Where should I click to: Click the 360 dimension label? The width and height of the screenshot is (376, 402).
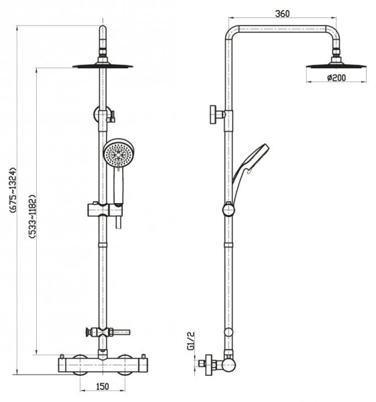pyautogui.click(x=281, y=14)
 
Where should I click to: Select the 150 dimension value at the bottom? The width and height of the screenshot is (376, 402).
pyautogui.click(x=101, y=387)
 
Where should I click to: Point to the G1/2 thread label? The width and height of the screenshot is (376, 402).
pyautogui.click(x=190, y=342)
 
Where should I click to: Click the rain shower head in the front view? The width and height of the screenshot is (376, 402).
pyautogui.click(x=102, y=66)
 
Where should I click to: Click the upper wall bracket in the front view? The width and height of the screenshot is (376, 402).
pyautogui.click(x=103, y=115)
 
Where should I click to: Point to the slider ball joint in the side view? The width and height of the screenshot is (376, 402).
pyautogui.click(x=231, y=210)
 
